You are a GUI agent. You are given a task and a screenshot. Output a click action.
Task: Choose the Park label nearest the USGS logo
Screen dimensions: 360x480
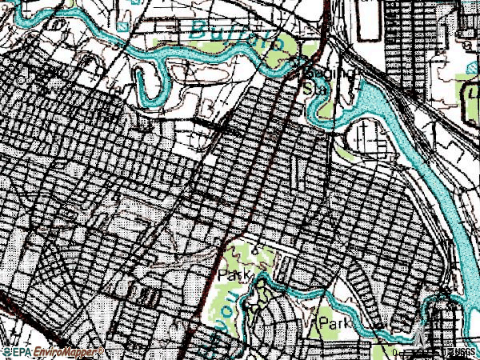pos(336,322)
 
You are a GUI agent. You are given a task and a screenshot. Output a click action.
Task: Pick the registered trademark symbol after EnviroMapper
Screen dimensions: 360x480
pos(100,350)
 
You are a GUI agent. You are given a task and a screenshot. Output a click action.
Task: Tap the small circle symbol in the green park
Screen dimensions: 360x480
pos(254,250)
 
